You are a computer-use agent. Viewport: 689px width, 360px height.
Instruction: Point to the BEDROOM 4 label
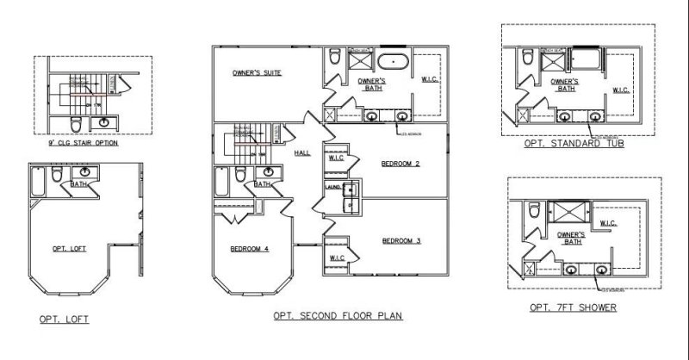tap(251, 250)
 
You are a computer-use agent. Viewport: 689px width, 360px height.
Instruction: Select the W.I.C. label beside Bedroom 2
tap(337, 158)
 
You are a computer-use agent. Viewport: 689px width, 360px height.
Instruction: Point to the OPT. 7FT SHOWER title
tap(574, 307)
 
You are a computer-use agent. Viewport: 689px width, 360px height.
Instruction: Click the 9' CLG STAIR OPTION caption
tap(84, 142)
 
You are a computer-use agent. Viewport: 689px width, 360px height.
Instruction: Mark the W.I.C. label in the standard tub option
tap(621, 90)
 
